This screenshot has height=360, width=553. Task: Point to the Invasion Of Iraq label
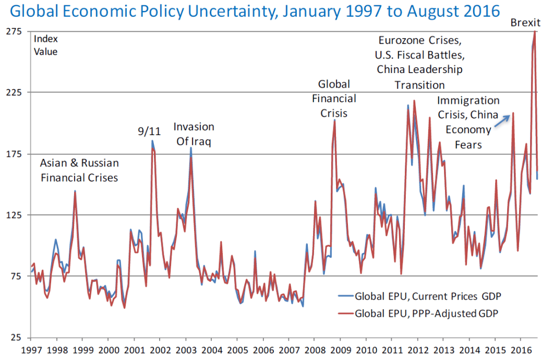click(194, 134)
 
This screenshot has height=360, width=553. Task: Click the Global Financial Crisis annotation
click(334, 99)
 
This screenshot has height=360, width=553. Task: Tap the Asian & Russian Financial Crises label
click(79, 171)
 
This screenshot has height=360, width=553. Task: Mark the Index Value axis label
click(46, 45)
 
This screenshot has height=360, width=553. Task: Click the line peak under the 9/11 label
click(152, 141)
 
